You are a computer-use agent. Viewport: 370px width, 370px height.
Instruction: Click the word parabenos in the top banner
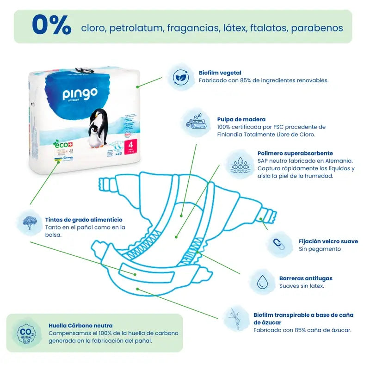pyautogui.click(x=317, y=28)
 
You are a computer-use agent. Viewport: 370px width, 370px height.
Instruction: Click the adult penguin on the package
pyautogui.click(x=100, y=125)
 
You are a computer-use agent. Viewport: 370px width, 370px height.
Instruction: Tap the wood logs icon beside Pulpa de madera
pyautogui.click(x=196, y=122)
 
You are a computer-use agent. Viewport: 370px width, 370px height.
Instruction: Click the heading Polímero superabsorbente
pyautogui.click(x=295, y=153)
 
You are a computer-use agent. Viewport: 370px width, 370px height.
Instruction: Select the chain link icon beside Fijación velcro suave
pyautogui.click(x=279, y=244)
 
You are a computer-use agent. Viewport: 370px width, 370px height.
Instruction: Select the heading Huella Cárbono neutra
pyautogui.click(x=80, y=325)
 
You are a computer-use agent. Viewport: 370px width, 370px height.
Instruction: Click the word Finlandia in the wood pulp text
pyautogui.click(x=232, y=135)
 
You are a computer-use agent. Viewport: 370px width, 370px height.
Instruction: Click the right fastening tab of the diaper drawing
pyautogui.click(x=267, y=217)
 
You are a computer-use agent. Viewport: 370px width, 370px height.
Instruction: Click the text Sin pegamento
pyautogui.click(x=320, y=249)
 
